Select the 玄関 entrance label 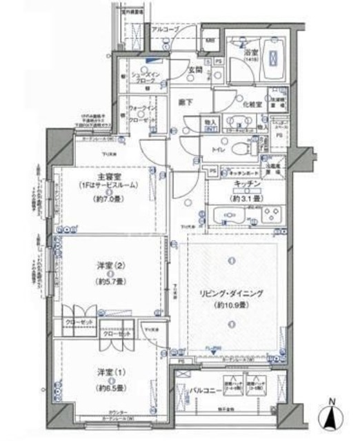[193, 69]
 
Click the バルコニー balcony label [205, 393]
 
